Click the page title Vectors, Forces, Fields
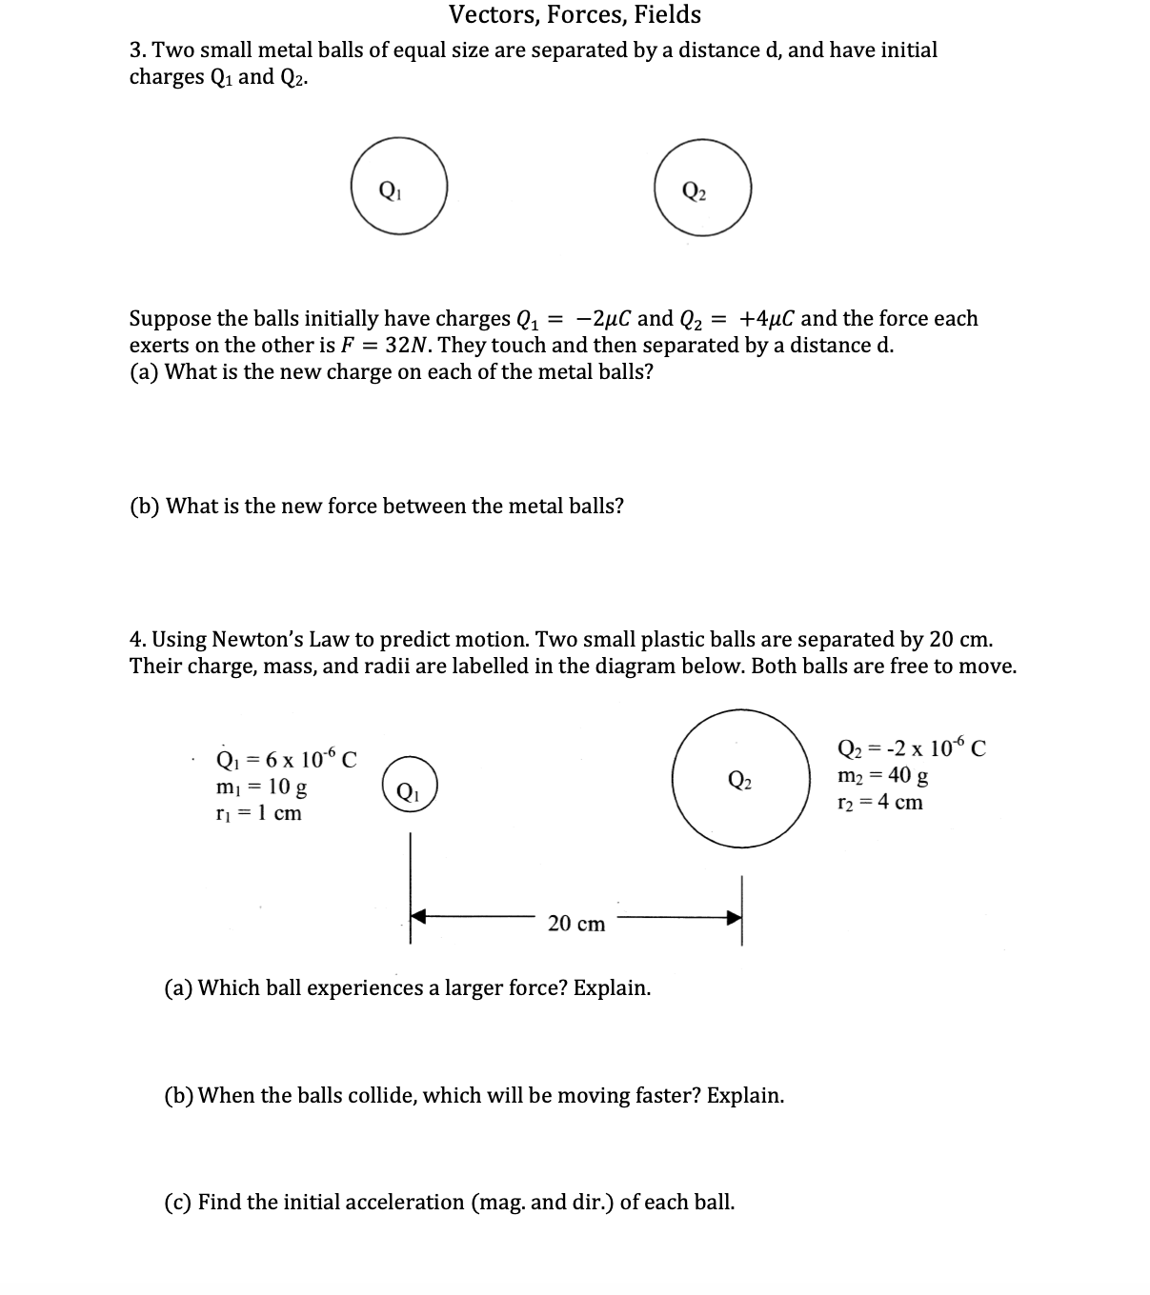click(x=575, y=15)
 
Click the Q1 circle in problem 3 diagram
click(x=398, y=187)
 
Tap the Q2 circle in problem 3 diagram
click(x=703, y=188)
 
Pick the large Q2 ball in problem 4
click(x=739, y=777)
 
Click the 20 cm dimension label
click(x=576, y=924)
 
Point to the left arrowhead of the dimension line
click(x=419, y=918)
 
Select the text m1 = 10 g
click(x=262, y=787)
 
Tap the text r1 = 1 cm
click(x=259, y=813)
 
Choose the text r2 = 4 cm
click(x=879, y=802)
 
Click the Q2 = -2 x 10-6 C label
click(x=911, y=748)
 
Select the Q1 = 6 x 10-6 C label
click(x=287, y=760)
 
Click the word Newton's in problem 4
click(x=253, y=639)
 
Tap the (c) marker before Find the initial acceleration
click(x=179, y=1202)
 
